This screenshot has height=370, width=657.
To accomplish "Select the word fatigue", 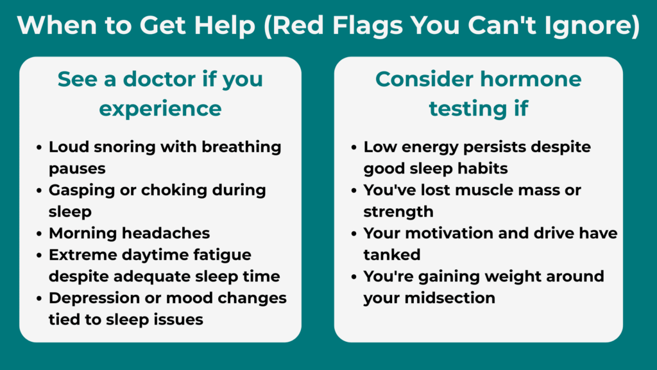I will [x=219, y=255].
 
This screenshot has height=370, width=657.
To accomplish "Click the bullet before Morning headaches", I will [x=40, y=233].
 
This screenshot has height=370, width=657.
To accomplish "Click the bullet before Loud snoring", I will [x=40, y=146].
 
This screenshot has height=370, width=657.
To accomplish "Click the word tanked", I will [x=392, y=255].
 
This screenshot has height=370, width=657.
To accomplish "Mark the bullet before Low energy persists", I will [x=355, y=146].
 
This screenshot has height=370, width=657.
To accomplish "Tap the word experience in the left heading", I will [x=160, y=109].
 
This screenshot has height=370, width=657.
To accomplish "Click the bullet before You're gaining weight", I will [x=355, y=277].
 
